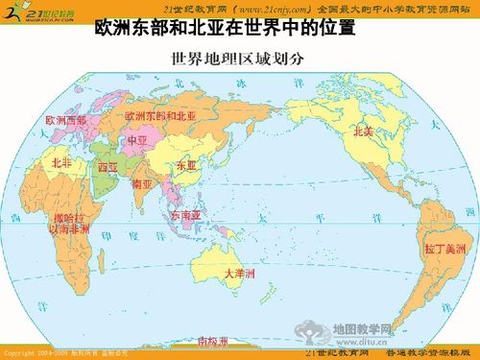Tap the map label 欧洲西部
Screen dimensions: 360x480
point(66,122)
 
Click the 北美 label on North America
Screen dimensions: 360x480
point(364,132)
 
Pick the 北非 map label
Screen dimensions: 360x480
point(61,163)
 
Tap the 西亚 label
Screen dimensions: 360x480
point(108,167)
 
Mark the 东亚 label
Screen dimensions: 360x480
point(184,167)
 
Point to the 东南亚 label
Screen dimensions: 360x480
point(185,216)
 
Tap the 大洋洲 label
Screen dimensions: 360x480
point(239,274)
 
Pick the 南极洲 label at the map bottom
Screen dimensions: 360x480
point(213,341)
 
